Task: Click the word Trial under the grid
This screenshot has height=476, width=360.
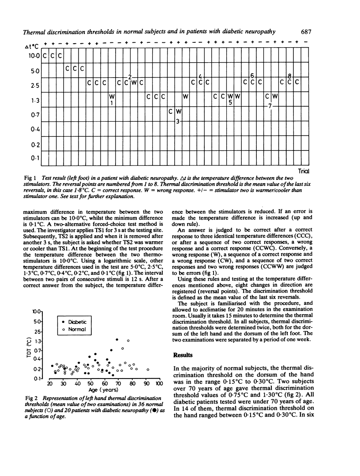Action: pyautogui.click(x=302, y=171)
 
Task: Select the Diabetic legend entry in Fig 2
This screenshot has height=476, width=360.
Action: pyautogui.click(x=75, y=322)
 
